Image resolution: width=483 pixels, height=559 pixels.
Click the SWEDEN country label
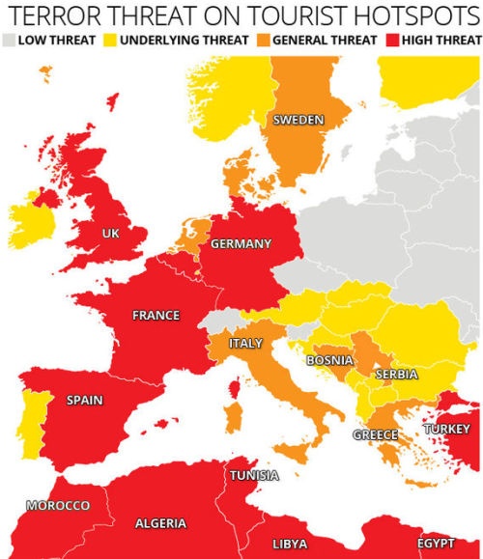click(x=298, y=120)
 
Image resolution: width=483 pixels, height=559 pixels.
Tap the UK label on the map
click(x=111, y=234)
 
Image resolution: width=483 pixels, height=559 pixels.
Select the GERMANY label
click(x=241, y=243)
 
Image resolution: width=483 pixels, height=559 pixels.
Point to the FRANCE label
click(x=156, y=315)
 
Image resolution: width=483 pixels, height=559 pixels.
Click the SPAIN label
click(x=85, y=401)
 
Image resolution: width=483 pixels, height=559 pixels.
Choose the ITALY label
click(x=245, y=344)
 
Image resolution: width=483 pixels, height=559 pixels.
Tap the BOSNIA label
click(x=328, y=360)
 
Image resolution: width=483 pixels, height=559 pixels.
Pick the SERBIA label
click(x=396, y=374)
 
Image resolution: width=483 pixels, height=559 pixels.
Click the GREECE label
click(x=375, y=434)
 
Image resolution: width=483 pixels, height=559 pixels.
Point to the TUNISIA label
click(x=254, y=475)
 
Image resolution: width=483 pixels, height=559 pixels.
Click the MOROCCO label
click(x=58, y=506)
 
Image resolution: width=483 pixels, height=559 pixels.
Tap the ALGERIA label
click(x=160, y=523)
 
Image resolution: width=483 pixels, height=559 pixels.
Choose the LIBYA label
click(x=290, y=545)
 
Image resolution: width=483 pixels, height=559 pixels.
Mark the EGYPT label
click(x=436, y=544)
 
